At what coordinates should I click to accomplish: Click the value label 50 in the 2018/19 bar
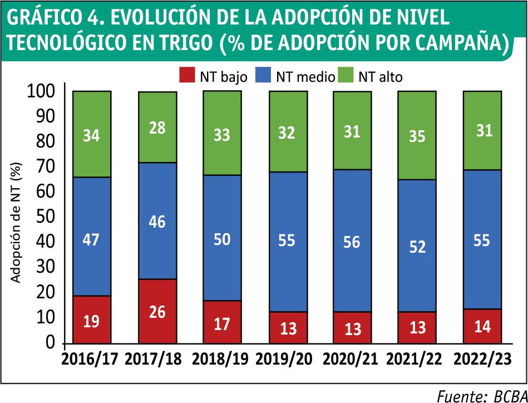point(222,239)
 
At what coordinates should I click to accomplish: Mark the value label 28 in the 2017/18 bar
point(157,129)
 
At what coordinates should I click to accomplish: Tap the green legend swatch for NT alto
point(346,76)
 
